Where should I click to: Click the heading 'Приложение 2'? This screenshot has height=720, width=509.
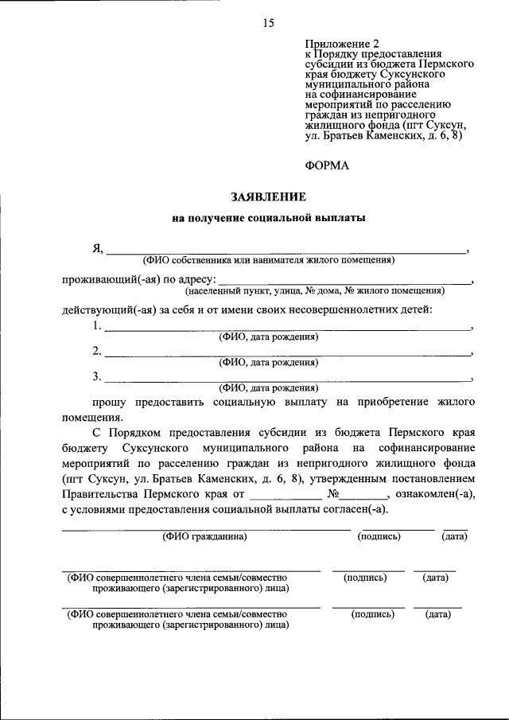coord(339,42)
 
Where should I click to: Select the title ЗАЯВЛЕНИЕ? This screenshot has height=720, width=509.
coord(269,196)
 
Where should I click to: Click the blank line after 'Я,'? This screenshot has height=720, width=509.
coord(286,251)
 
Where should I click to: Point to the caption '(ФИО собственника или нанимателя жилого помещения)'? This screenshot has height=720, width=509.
coord(269,260)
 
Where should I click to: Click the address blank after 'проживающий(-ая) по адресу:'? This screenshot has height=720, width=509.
coord(344,282)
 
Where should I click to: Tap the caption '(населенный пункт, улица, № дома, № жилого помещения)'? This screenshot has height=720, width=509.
coord(327,291)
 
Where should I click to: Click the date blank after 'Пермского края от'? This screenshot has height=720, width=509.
coord(286,496)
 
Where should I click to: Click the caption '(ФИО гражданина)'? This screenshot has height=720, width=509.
coord(205,536)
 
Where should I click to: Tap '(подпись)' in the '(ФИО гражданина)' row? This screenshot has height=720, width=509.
coord(379,536)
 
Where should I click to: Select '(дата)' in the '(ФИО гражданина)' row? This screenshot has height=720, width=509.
coord(454,536)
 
